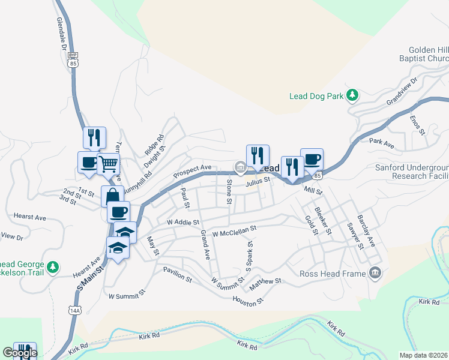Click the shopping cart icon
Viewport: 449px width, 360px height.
click(x=108, y=163)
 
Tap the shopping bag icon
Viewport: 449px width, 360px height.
click(x=112, y=196)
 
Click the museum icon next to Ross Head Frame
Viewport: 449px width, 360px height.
click(x=376, y=274)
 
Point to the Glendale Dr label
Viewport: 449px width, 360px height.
click(x=61, y=33)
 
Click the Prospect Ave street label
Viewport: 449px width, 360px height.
click(x=192, y=171)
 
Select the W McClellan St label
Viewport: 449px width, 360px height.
click(x=230, y=229)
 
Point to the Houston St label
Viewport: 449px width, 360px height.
click(x=248, y=301)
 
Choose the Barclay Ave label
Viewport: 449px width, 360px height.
click(x=366, y=233)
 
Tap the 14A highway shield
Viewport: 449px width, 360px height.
click(x=74, y=310)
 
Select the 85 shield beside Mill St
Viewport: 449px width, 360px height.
click(x=318, y=175)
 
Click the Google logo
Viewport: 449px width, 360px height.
click(x=20, y=353)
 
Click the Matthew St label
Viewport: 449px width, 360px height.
click(x=265, y=281)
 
